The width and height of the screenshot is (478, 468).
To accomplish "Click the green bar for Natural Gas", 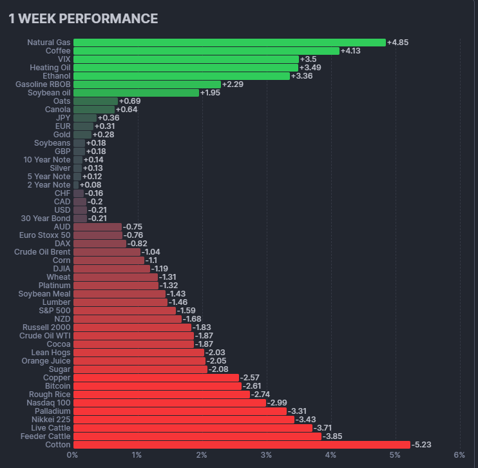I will pyautogui.click(x=229, y=43).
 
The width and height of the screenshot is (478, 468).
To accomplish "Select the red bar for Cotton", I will pyautogui.click(x=242, y=445).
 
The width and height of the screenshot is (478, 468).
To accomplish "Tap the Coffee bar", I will pyautogui.click(x=206, y=51).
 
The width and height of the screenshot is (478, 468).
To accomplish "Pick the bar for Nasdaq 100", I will pyautogui.click(x=169, y=403).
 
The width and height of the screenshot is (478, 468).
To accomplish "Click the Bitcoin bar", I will pyautogui.click(x=157, y=386).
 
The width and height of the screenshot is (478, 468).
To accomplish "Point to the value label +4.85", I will pyautogui.click(x=397, y=43).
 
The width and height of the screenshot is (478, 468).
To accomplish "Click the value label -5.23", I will pyautogui.click(x=422, y=445).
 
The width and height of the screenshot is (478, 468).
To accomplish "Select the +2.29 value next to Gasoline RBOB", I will pyautogui.click(x=233, y=84).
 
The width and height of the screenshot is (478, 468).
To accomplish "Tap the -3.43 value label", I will pyautogui.click(x=306, y=420).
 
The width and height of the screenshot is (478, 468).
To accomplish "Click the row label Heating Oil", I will pyautogui.click(x=50, y=68).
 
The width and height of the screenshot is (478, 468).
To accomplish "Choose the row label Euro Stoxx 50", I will pyautogui.click(x=45, y=235).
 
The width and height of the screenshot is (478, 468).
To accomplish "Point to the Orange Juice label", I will pyautogui.click(x=46, y=361).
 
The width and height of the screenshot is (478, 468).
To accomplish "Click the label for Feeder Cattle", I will pyautogui.click(x=45, y=436).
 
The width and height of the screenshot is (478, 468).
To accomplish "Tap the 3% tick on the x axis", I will pyautogui.click(x=266, y=455).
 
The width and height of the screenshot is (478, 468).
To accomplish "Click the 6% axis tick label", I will pyautogui.click(x=459, y=455).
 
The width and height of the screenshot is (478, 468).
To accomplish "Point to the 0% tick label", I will pyautogui.click(x=73, y=455).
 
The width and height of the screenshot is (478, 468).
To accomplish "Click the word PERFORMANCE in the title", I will pyautogui.click(x=114, y=19).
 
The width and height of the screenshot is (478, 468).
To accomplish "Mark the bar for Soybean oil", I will pyautogui.click(x=136, y=93).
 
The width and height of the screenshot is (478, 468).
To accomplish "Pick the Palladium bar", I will pyautogui.click(x=180, y=411).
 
